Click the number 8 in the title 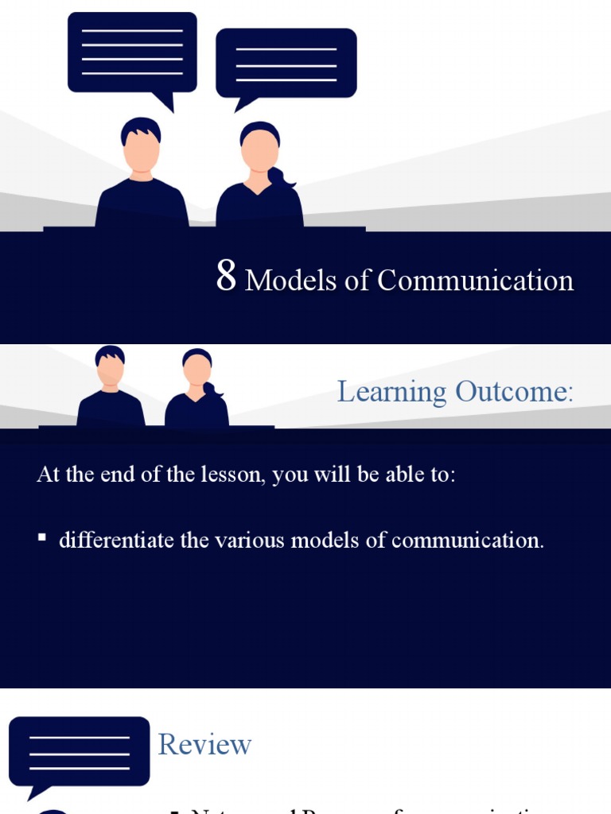[x=226, y=277]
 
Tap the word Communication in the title [x=475, y=281]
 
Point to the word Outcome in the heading [x=513, y=392]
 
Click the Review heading [x=204, y=745]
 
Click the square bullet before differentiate [x=41, y=539]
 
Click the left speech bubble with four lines [x=132, y=52]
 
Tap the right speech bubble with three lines [x=286, y=64]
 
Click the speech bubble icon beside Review [x=79, y=751]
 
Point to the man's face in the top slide [x=141, y=150]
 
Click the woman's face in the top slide [x=259, y=151]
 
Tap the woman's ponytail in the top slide [x=281, y=178]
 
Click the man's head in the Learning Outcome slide [x=110, y=366]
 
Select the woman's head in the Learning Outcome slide [x=197, y=368]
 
